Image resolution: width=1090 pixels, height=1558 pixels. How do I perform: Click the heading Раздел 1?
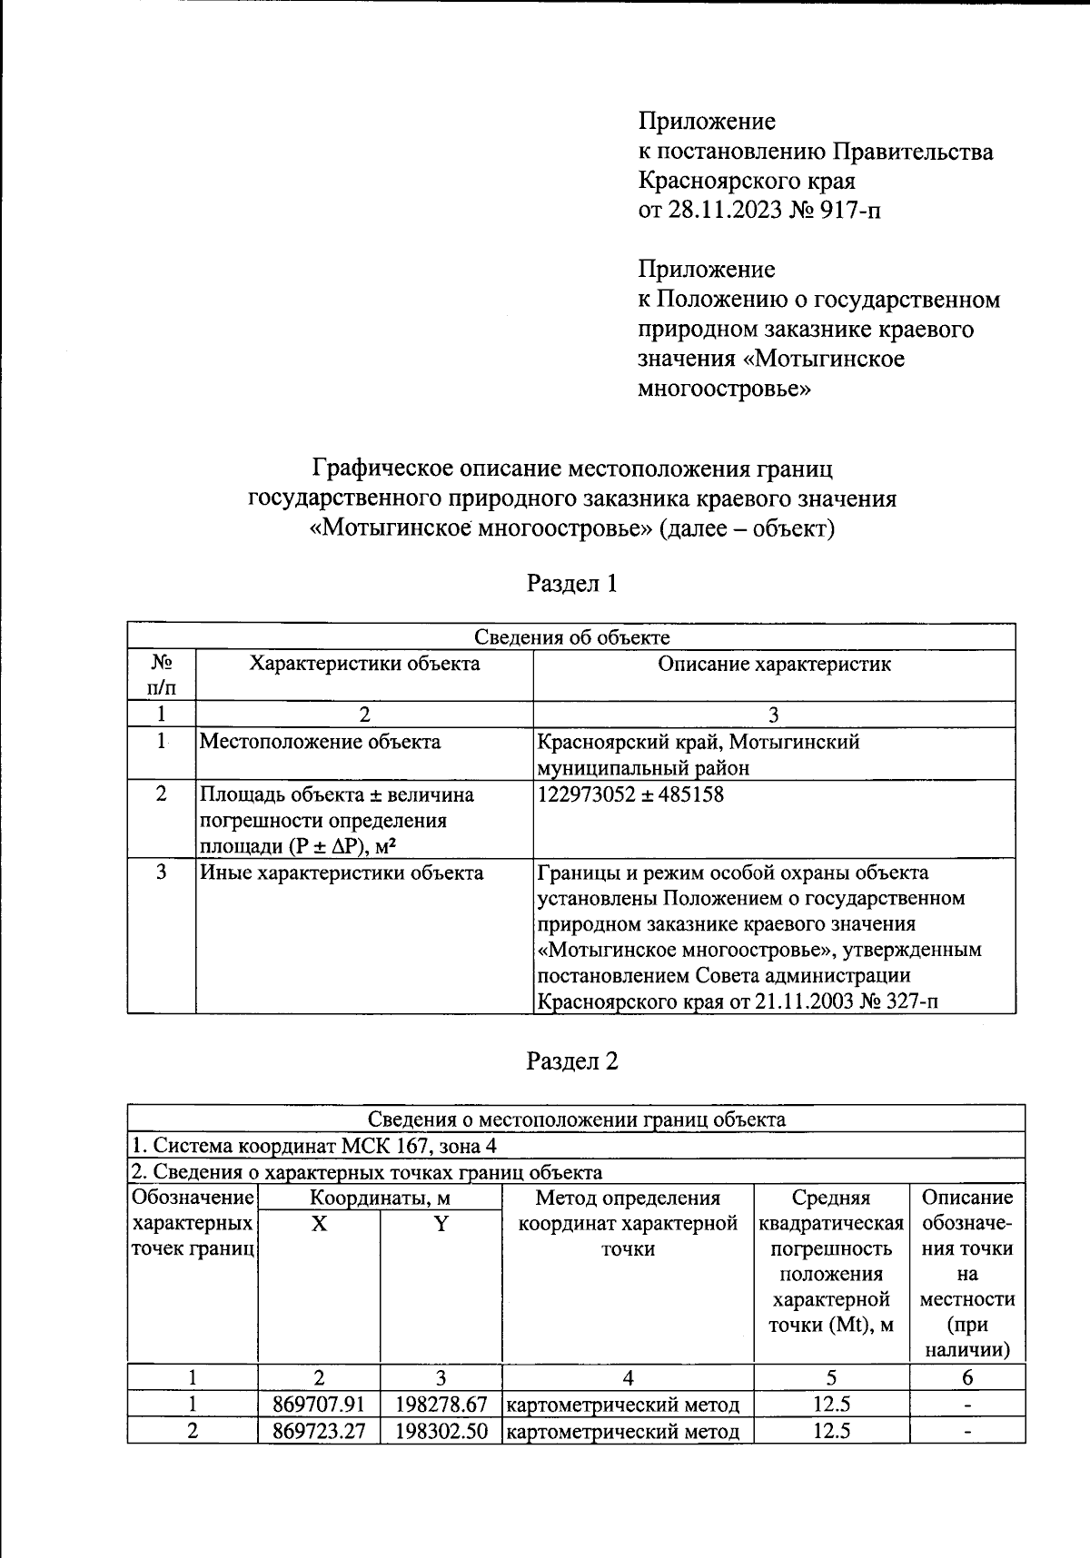coord(572,583)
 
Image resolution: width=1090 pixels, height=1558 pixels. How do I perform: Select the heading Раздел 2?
coord(572,1060)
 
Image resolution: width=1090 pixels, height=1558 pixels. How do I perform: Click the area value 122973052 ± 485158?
coord(630,794)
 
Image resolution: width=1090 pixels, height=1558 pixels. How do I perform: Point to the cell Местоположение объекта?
coord(320,742)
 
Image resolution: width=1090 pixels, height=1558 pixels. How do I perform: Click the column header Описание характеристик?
coord(774,664)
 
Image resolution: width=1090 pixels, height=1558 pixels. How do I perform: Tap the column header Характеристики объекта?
coord(364,664)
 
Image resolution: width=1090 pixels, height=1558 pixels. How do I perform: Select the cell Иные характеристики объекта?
coord(342,873)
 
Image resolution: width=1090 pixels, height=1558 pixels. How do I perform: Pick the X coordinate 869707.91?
coord(319,1405)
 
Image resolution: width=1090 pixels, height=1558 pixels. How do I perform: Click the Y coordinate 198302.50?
coord(441,1432)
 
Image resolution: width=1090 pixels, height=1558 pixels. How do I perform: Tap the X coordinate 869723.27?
coord(319,1432)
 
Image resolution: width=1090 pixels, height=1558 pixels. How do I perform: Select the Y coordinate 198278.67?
coord(441,1405)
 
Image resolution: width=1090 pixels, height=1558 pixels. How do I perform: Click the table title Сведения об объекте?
coord(572,638)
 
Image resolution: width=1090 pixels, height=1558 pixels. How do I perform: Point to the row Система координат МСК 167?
coord(314,1146)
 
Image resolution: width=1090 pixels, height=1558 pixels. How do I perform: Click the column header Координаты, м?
coord(380,1198)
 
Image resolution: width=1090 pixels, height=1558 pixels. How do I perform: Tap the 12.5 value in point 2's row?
coord(831,1432)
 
